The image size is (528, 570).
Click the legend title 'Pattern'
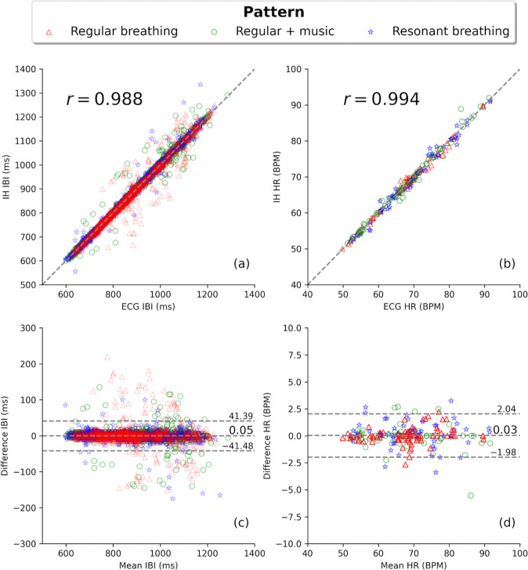264,13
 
